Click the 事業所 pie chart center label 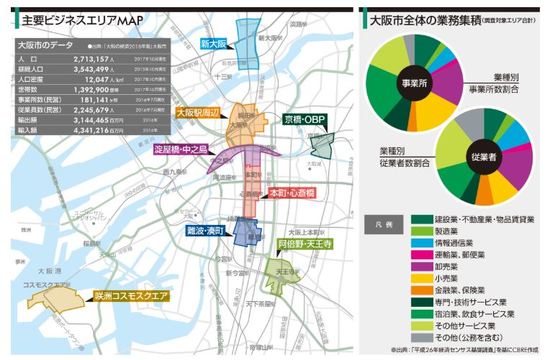(x=413, y=85)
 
